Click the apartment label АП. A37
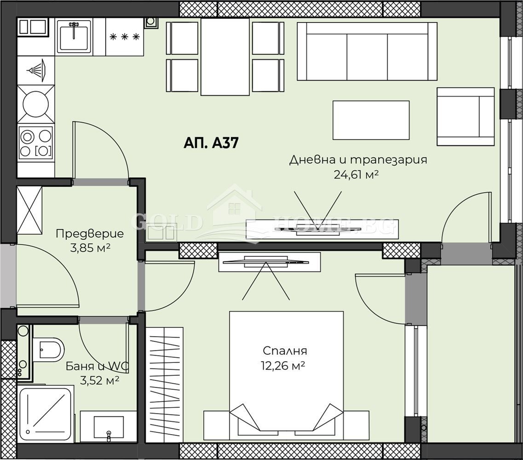click(211, 143)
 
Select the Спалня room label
click(285, 351)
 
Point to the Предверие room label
click(89, 234)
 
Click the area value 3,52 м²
click(100, 380)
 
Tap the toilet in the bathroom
click(49, 350)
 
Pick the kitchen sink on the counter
click(74, 37)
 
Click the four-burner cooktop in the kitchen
click(35, 143)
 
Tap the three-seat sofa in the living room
click(367, 51)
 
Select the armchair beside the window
click(465, 116)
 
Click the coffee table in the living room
click(371, 120)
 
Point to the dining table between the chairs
click(225, 57)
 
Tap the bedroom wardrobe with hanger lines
click(164, 385)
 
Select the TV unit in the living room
click(322, 229)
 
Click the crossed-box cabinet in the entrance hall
click(29, 210)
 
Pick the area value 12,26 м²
click(285, 366)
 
